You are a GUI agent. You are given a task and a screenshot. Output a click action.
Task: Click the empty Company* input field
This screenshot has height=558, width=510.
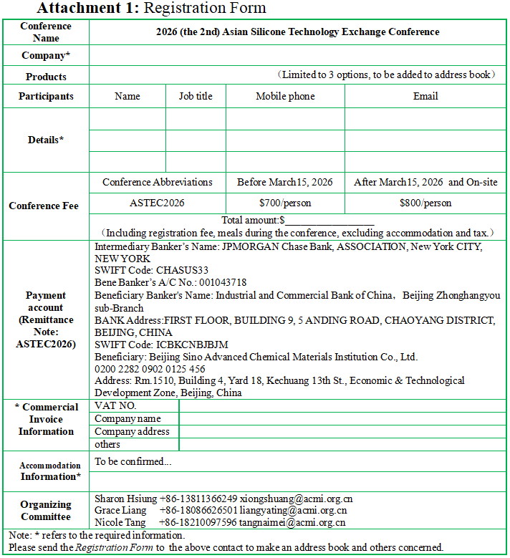297,55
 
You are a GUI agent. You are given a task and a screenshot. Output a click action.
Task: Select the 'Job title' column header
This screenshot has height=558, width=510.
196,96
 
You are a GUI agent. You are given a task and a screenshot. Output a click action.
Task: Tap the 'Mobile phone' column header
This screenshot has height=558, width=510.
285,96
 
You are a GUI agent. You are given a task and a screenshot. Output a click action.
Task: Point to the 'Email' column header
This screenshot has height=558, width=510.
425,96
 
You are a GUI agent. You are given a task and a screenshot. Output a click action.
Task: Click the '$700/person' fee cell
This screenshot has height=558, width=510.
285,203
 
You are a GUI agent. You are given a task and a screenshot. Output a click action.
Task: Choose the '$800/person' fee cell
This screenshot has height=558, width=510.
425,203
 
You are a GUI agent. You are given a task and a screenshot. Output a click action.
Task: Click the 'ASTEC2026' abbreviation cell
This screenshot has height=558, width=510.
157,203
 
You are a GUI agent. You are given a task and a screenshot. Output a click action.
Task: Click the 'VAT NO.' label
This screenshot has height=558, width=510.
115,406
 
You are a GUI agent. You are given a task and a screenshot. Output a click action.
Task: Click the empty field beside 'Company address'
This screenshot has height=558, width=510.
342,432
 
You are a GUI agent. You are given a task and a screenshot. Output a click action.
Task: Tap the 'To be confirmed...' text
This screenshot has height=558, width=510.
133,461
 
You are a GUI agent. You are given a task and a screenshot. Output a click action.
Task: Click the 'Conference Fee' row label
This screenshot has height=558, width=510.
44,206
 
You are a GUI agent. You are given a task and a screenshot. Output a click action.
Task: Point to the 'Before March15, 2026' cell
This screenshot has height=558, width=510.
285,182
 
